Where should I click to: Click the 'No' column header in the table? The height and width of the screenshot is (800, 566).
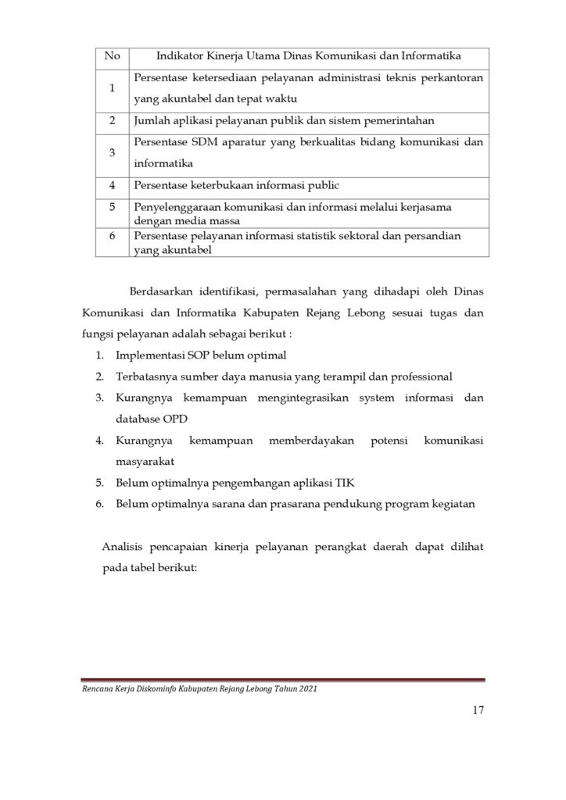[x=112, y=55]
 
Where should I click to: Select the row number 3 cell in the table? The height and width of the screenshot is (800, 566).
[x=112, y=153]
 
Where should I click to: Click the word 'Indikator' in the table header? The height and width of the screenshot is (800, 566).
[x=181, y=55]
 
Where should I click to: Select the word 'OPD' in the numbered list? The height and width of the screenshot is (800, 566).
[x=177, y=419]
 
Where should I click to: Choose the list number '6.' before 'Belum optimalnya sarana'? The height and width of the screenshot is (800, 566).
[x=100, y=504]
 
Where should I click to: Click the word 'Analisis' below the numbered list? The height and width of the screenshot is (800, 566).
[x=124, y=547]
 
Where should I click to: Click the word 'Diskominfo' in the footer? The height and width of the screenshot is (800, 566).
[x=154, y=690]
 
